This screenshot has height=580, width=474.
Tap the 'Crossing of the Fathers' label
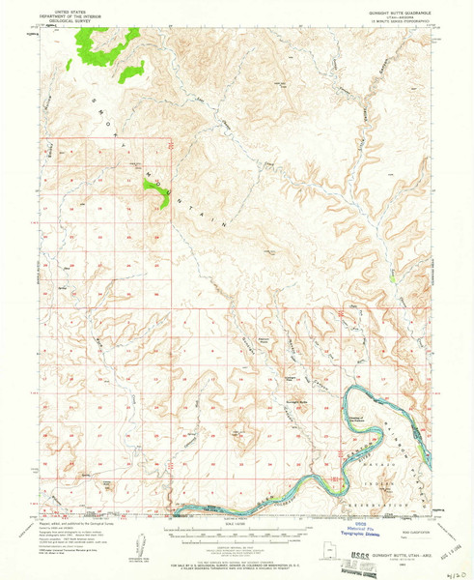pyautogui.click(x=359, y=417)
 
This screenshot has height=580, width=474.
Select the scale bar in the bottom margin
pyautogui.click(x=235, y=528)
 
